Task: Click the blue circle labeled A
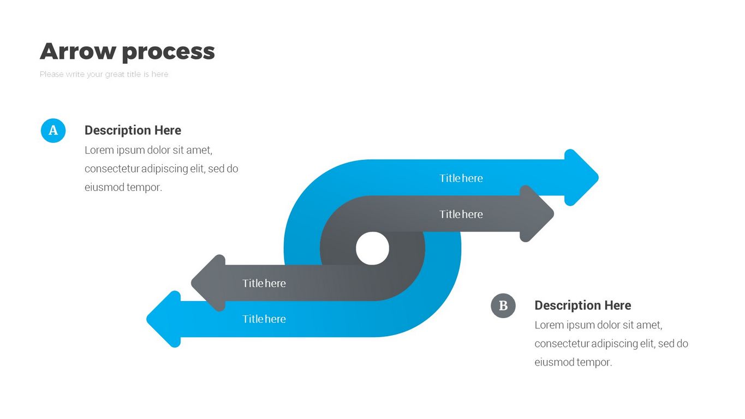(53, 130)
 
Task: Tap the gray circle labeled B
(503, 306)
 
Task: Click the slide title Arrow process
(127, 51)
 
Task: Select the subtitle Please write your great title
(104, 74)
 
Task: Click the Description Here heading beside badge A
(133, 130)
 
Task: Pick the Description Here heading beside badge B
(582, 306)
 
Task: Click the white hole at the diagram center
(372, 249)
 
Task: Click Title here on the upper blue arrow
(461, 178)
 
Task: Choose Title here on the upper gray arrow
(461, 214)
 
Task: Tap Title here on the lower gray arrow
(264, 283)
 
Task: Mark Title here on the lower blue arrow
(264, 319)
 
